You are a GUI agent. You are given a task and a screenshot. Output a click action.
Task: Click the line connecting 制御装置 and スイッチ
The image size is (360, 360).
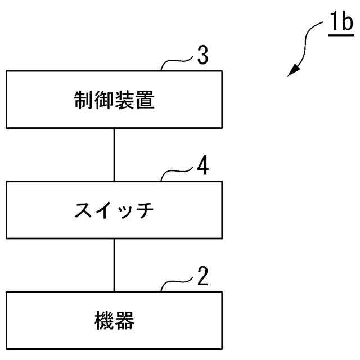[114, 154]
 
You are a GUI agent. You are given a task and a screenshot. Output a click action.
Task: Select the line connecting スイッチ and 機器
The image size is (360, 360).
[114, 264]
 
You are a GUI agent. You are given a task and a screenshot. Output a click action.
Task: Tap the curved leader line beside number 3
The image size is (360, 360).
[177, 64]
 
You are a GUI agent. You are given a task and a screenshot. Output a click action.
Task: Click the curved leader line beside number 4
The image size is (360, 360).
[177, 173]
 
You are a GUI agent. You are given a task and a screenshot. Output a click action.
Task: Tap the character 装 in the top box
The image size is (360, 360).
[124, 101]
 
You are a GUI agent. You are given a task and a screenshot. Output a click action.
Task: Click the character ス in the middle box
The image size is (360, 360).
[84, 210]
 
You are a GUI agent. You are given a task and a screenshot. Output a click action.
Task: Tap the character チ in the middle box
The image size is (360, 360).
[145, 210]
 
